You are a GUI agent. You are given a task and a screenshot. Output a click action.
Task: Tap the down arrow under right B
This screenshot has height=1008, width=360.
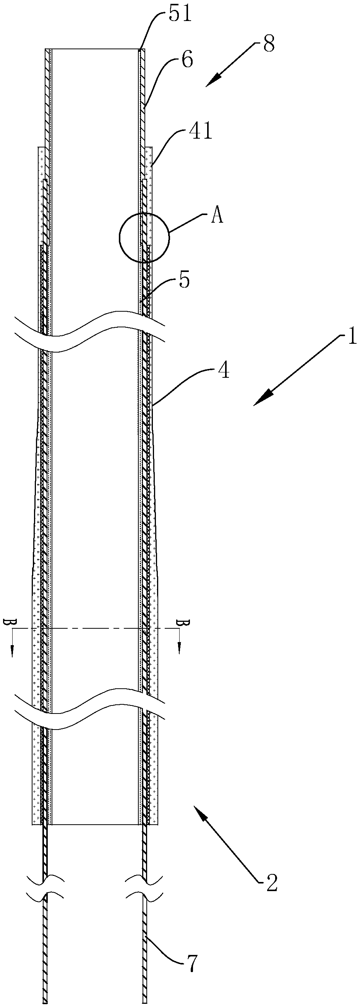pos(180,650)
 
